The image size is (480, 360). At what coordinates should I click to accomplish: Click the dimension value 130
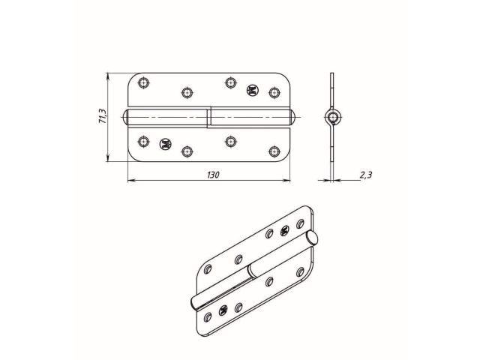(212, 174)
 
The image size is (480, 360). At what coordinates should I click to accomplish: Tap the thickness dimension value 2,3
(365, 175)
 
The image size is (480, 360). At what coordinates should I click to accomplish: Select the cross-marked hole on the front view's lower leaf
(166, 141)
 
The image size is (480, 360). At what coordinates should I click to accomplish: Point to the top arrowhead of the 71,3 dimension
(110, 76)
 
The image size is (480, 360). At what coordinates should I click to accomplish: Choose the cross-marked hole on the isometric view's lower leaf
(222, 309)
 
